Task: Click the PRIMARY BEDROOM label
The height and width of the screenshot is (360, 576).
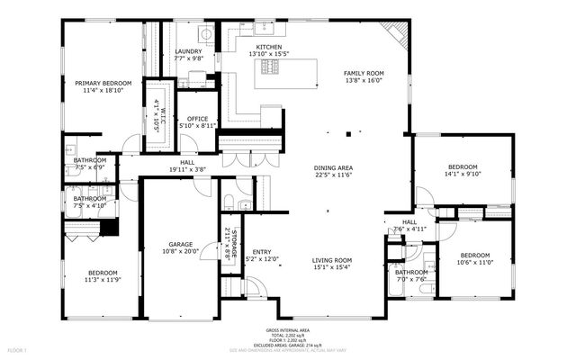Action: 103,83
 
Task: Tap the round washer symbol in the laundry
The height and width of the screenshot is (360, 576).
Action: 206,35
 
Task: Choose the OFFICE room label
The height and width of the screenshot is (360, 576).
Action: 197,119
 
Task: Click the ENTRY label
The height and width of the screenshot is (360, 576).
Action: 262,252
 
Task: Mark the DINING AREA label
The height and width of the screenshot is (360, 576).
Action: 332,168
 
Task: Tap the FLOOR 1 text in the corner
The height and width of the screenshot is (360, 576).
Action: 18,349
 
